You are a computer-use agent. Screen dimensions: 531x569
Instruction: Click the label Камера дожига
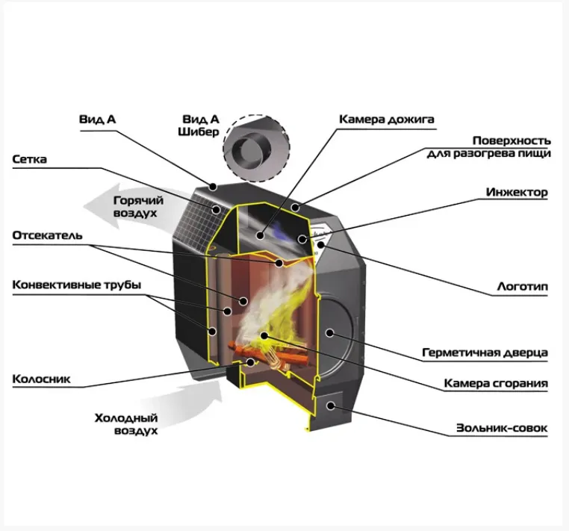[x=386, y=119]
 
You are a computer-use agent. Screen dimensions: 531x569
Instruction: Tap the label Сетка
[x=31, y=159]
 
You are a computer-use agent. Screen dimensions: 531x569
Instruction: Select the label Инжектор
[x=516, y=192]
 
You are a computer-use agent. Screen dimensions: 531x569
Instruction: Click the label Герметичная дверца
[x=485, y=352]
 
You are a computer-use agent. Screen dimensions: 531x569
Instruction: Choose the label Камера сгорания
[x=496, y=383]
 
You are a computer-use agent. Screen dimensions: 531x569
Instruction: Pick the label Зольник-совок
[x=502, y=429]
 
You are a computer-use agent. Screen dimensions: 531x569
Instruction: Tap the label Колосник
[x=42, y=379]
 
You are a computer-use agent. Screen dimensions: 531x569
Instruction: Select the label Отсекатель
[x=47, y=235]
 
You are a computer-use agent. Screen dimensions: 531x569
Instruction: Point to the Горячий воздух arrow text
[x=135, y=206]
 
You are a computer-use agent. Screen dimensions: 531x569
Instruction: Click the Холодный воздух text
[x=126, y=424]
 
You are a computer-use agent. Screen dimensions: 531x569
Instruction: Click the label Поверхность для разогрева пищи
[x=489, y=146]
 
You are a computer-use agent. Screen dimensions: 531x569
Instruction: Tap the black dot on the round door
[x=328, y=331]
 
